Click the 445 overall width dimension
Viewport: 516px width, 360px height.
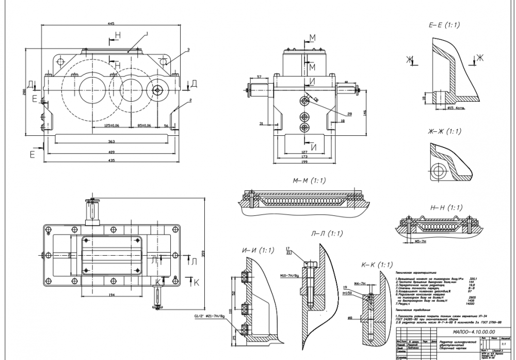[111, 23]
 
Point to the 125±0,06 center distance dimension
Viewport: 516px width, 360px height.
[112, 126]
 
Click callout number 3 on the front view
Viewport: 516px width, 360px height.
[188, 50]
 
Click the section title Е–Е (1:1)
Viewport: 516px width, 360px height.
[444, 25]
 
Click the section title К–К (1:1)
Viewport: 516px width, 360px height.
[377, 264]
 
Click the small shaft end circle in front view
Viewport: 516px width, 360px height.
[158, 90]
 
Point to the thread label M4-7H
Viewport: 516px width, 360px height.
[360, 284]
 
